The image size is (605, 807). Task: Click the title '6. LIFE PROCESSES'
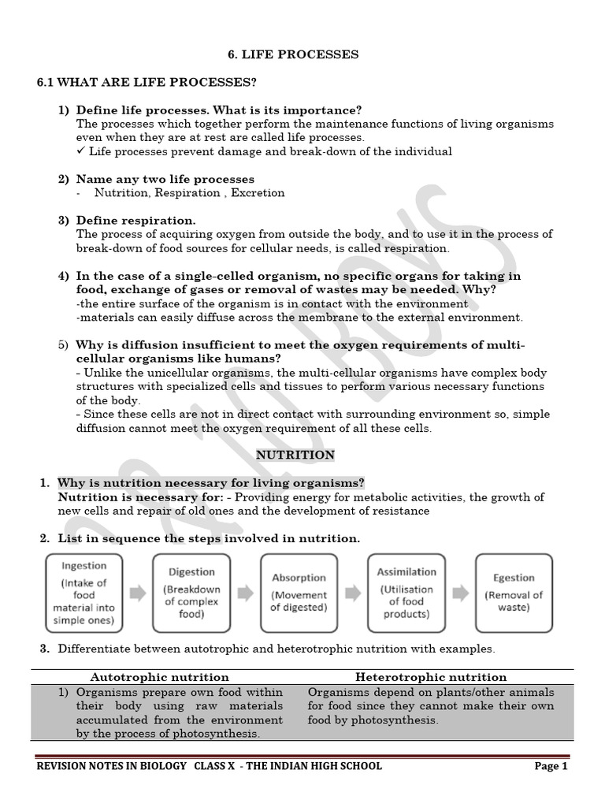tap(293, 54)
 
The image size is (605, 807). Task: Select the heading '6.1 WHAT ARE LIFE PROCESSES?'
tap(147, 83)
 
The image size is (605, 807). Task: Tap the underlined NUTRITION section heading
tap(295, 455)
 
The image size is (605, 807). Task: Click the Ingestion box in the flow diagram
tap(84, 593)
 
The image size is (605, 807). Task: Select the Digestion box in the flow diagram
tap(191, 593)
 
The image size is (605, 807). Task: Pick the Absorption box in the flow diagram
tap(299, 593)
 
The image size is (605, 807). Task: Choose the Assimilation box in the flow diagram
tap(406, 593)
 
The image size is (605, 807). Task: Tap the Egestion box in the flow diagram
tap(514, 593)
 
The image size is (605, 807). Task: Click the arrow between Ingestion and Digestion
tap(138, 593)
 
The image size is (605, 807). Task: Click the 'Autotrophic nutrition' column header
tap(159, 677)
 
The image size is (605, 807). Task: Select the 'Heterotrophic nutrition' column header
tap(431, 677)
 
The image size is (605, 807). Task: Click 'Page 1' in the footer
tap(551, 766)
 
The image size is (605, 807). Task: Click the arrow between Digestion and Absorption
tap(245, 593)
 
